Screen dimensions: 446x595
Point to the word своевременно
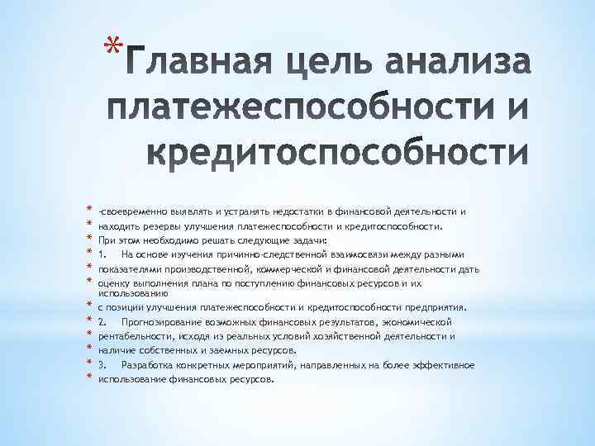tap(135, 211)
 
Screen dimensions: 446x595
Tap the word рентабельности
tap(135, 336)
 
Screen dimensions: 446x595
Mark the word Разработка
tap(150, 364)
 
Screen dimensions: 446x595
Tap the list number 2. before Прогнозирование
tap(101, 321)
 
